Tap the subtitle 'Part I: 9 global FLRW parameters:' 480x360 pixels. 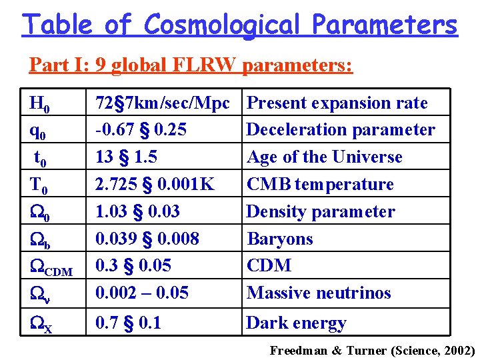point(191,65)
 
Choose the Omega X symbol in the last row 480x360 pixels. point(41,325)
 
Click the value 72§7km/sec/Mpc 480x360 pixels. point(163,103)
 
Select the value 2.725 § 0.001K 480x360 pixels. point(155,184)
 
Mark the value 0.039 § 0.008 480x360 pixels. point(147,239)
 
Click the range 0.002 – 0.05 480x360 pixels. point(142,293)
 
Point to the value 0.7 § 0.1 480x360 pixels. point(129,323)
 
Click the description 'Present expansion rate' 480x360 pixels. point(337,103)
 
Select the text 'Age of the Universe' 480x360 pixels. point(325,157)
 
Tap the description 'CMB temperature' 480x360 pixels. point(320,184)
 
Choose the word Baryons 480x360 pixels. point(280,239)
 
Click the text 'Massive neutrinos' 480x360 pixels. point(319,293)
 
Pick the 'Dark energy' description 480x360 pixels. point(296,324)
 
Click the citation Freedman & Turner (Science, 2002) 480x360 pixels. point(372,350)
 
